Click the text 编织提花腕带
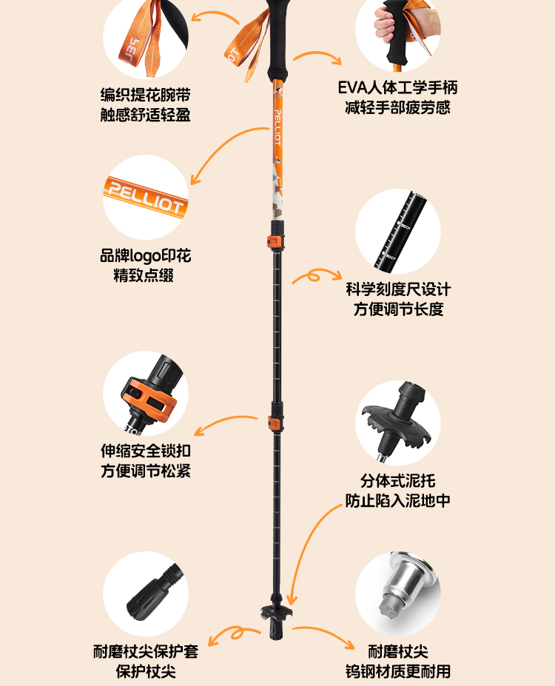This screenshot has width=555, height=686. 146,95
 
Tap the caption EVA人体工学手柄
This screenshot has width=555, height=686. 397,87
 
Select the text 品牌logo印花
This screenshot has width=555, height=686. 146,257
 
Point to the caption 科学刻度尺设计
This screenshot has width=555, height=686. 398,289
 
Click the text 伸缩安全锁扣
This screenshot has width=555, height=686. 146,451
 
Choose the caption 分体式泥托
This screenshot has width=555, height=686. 398,480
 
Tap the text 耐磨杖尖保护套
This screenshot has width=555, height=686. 146,651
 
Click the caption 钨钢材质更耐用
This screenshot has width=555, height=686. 398,672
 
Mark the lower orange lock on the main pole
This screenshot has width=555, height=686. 274,423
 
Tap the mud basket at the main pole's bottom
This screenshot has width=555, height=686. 273,613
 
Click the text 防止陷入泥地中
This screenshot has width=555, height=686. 398,500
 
